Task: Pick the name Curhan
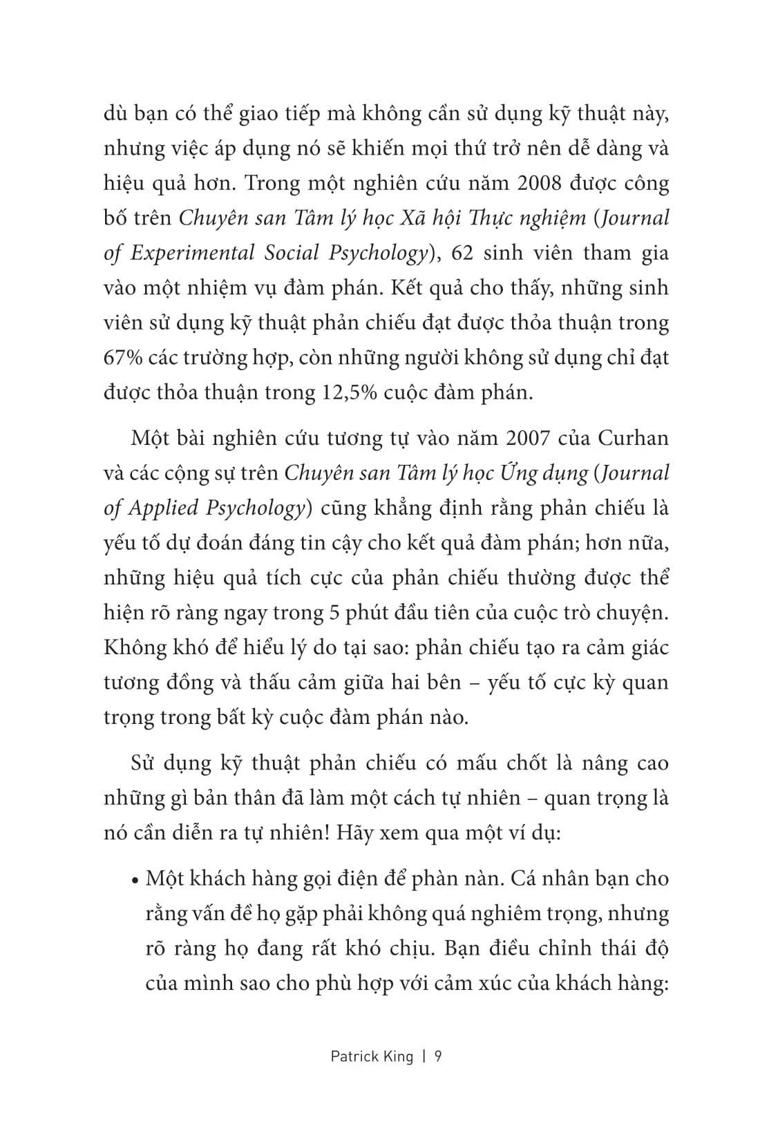633,438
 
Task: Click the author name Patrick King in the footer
372,1056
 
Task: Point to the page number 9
437,1056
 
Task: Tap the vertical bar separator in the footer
424,1056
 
